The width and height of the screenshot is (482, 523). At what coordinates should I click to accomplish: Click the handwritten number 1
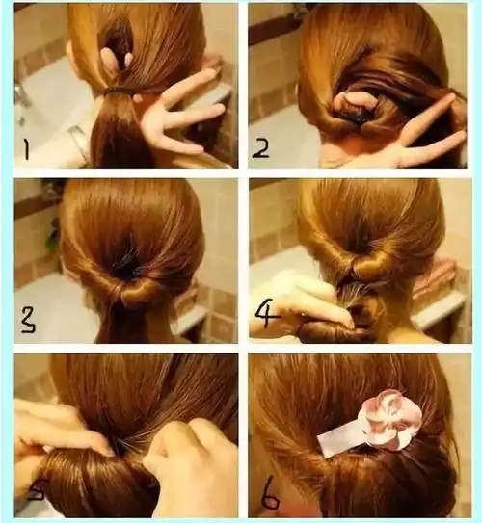point(26,148)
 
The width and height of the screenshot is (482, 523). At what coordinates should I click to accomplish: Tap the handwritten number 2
point(260,148)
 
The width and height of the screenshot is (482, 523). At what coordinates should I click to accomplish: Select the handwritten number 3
point(28,321)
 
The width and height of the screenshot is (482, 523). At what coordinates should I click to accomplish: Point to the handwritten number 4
point(267,315)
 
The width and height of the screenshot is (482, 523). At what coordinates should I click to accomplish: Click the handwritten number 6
point(270,497)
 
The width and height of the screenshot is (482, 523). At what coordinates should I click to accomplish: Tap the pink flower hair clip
point(389,419)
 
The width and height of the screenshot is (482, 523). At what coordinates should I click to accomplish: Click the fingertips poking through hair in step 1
point(115,57)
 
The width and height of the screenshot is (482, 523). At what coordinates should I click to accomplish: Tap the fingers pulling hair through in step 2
point(352,102)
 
